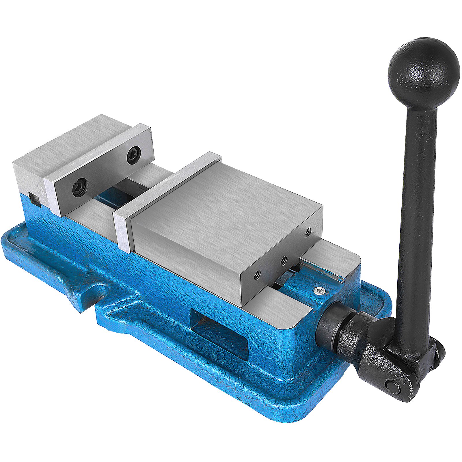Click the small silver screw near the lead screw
318,291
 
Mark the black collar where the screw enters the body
332,325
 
